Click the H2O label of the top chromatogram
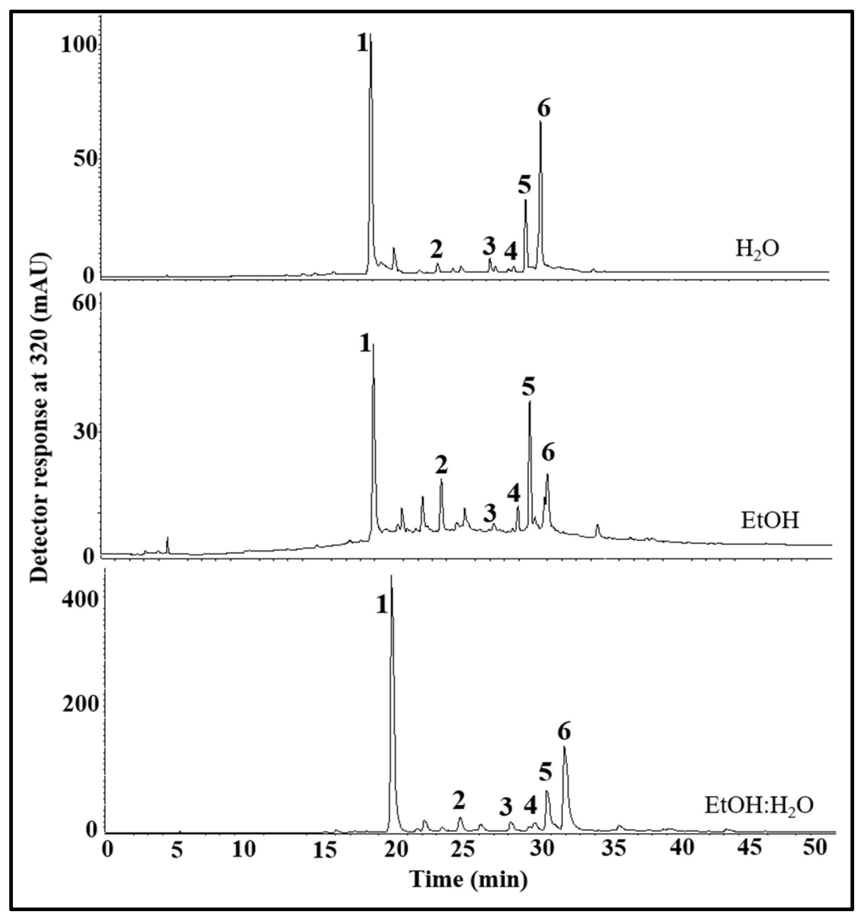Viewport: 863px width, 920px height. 757,250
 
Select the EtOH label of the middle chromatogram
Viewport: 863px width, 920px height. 770,521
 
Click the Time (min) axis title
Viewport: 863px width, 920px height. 469,879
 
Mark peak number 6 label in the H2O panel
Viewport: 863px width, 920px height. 544,109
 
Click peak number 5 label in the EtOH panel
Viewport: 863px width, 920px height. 528,386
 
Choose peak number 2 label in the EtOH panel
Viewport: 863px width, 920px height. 441,465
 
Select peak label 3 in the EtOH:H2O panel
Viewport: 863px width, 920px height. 506,807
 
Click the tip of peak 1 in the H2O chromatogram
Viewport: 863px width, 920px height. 370,35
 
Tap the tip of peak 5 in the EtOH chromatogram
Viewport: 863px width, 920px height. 530,402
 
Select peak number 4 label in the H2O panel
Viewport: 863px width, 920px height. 511,252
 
